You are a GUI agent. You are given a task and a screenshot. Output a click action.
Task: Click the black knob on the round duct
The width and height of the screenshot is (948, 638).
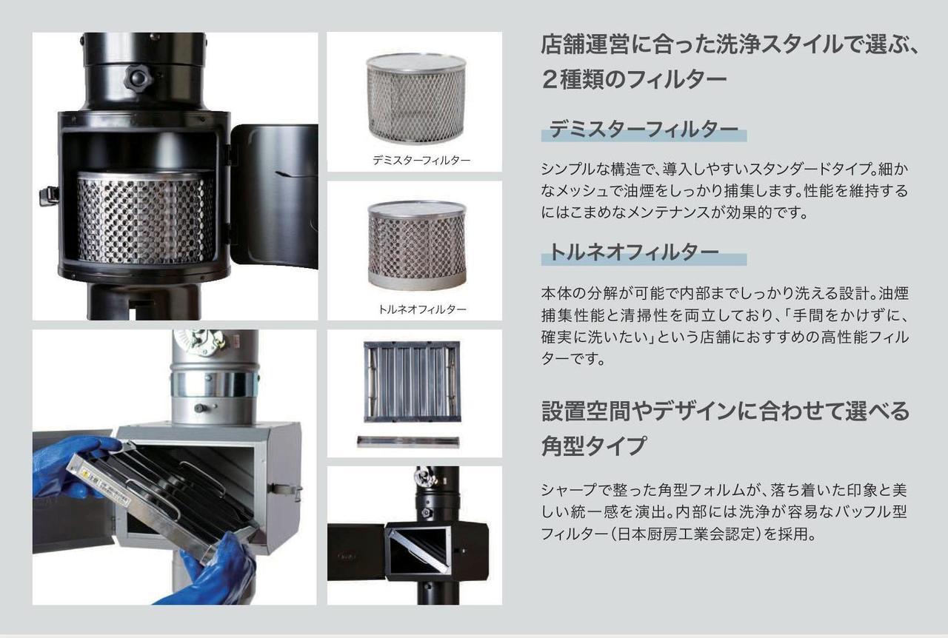[138, 78]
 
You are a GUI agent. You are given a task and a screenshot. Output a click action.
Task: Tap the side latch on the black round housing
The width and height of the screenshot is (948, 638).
[49, 196]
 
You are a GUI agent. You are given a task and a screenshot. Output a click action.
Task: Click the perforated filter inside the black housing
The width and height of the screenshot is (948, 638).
[145, 218]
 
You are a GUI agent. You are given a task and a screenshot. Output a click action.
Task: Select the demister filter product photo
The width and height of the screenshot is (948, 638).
[416, 98]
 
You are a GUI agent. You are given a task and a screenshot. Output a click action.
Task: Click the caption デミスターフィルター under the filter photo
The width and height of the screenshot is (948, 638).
[421, 161]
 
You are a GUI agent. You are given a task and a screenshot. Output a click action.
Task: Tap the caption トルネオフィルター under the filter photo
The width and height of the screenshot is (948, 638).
[422, 309]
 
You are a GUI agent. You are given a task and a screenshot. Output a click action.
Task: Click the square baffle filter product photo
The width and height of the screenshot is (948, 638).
[412, 382]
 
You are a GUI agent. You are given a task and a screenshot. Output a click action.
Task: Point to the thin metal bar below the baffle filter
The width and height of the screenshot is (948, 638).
[408, 442]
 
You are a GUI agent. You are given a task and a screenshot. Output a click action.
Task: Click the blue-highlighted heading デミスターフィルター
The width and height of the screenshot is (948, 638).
[644, 129]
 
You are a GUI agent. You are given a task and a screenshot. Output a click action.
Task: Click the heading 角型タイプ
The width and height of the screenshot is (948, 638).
[593, 446]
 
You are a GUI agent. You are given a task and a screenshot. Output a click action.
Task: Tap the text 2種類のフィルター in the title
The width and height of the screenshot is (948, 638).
[633, 79]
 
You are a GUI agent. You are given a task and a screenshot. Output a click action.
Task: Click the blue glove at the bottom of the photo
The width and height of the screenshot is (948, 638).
[216, 571]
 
